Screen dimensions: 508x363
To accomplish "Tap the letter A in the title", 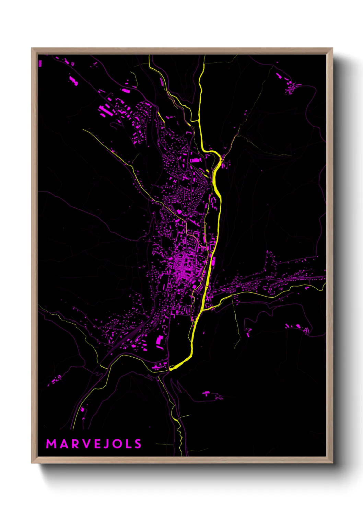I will tap(64, 444).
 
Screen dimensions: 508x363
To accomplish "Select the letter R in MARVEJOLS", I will tap(75, 444).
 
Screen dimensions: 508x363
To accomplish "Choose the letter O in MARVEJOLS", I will tap(117, 444).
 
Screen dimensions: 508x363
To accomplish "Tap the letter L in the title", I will tap(128, 444).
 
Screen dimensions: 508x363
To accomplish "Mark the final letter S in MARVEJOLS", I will tap(138, 444).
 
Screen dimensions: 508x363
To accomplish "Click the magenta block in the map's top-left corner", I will tap(40, 63).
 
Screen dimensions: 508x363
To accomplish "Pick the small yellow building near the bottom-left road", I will tap(82, 409).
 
